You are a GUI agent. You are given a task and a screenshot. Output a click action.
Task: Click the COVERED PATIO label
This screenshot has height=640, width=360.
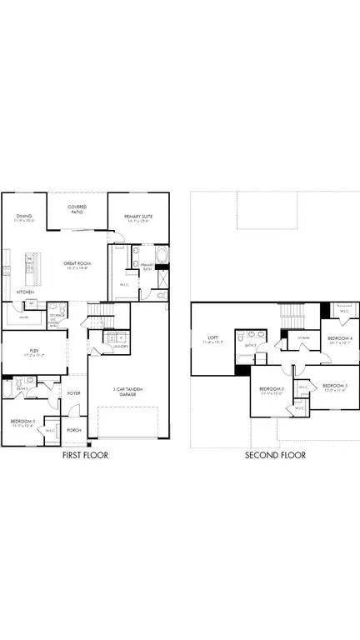(77, 209)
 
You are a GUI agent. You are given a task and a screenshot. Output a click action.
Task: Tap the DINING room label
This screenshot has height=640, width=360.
(23, 218)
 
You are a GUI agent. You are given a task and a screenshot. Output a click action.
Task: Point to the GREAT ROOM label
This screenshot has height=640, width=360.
(77, 266)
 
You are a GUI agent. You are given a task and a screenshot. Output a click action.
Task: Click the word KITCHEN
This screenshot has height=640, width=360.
(26, 292)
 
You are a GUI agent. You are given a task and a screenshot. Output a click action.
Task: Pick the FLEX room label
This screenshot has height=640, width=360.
(34, 352)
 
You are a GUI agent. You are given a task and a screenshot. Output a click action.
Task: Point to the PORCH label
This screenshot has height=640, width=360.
(74, 431)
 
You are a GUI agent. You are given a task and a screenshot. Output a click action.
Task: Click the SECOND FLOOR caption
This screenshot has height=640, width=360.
(274, 455)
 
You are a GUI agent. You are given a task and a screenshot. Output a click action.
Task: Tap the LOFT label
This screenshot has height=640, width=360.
(212, 339)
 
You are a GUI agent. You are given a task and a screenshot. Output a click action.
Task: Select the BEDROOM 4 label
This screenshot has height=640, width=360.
(340, 339)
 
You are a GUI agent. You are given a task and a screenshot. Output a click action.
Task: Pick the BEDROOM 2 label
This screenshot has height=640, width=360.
(272, 390)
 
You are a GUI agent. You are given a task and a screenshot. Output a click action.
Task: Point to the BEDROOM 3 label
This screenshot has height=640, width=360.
(334, 386)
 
